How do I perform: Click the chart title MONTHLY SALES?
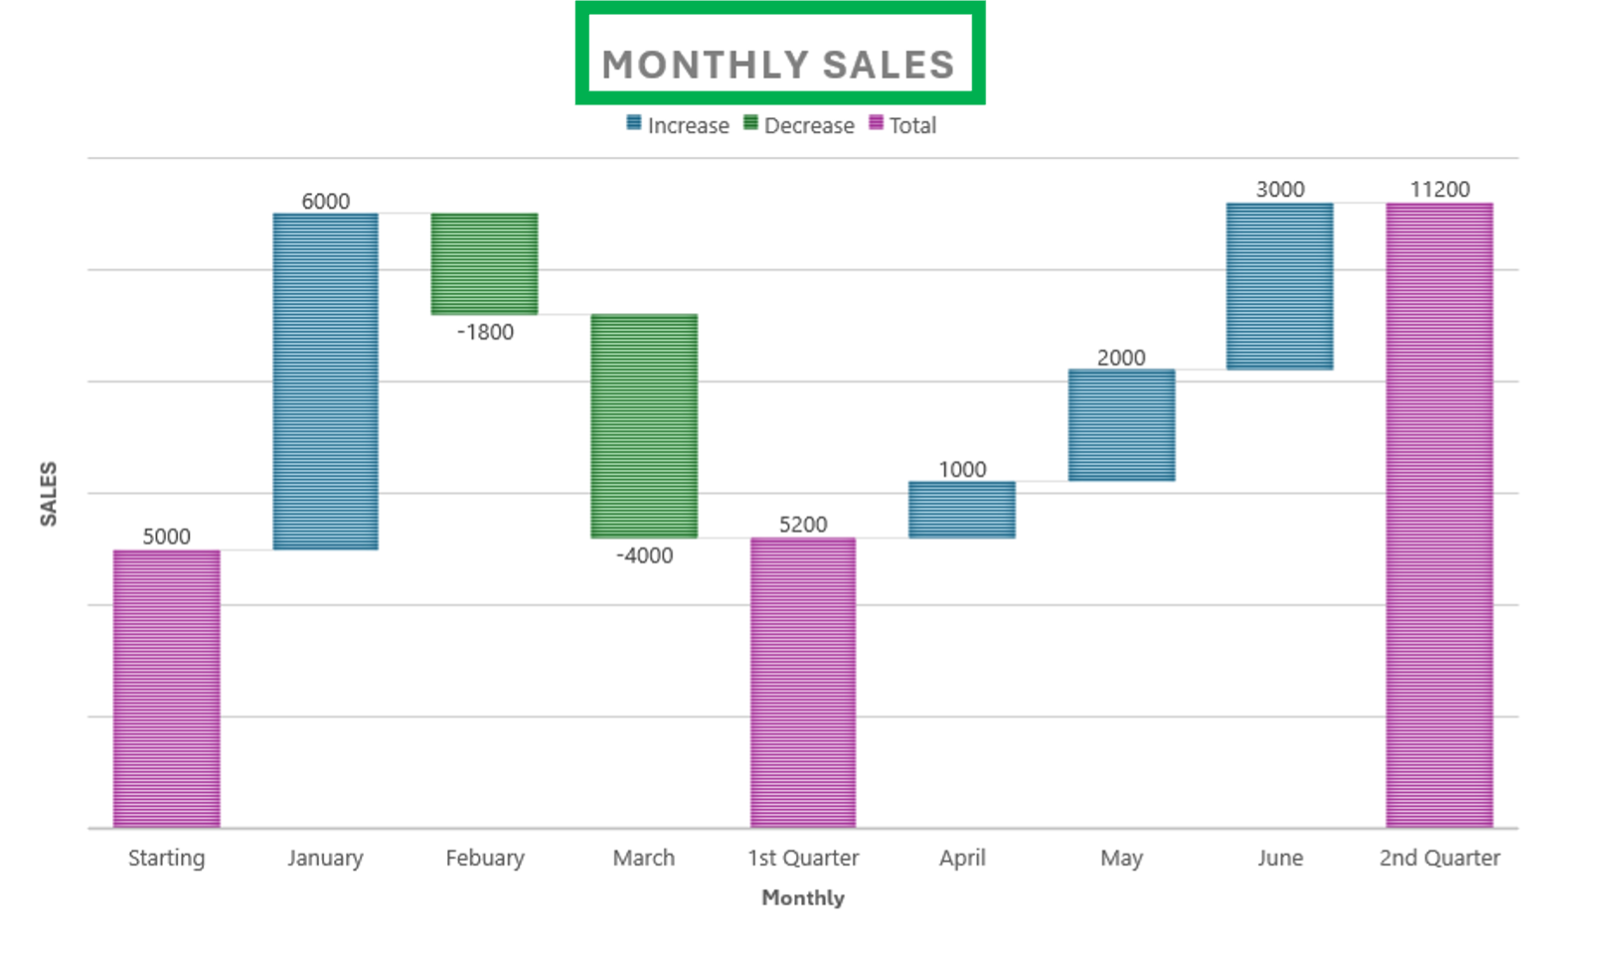tap(778, 65)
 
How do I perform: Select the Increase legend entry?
tap(679, 125)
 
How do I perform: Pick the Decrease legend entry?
tap(799, 125)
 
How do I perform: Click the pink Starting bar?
tap(166, 688)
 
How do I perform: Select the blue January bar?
tap(325, 381)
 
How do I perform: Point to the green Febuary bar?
tap(484, 263)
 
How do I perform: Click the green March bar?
tap(644, 425)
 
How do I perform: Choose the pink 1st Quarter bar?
tap(803, 682)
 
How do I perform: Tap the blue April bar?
tap(962, 510)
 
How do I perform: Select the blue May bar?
tap(1121, 425)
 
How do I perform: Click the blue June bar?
tap(1280, 286)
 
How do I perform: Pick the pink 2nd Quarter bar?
tap(1439, 515)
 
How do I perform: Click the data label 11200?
tap(1439, 189)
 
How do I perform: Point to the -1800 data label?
tap(485, 332)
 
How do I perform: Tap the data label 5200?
tap(803, 524)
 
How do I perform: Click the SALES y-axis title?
tap(48, 494)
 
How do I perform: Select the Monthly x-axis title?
tap(803, 897)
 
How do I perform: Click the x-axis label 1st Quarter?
tap(803, 858)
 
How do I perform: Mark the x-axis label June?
tap(1280, 858)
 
